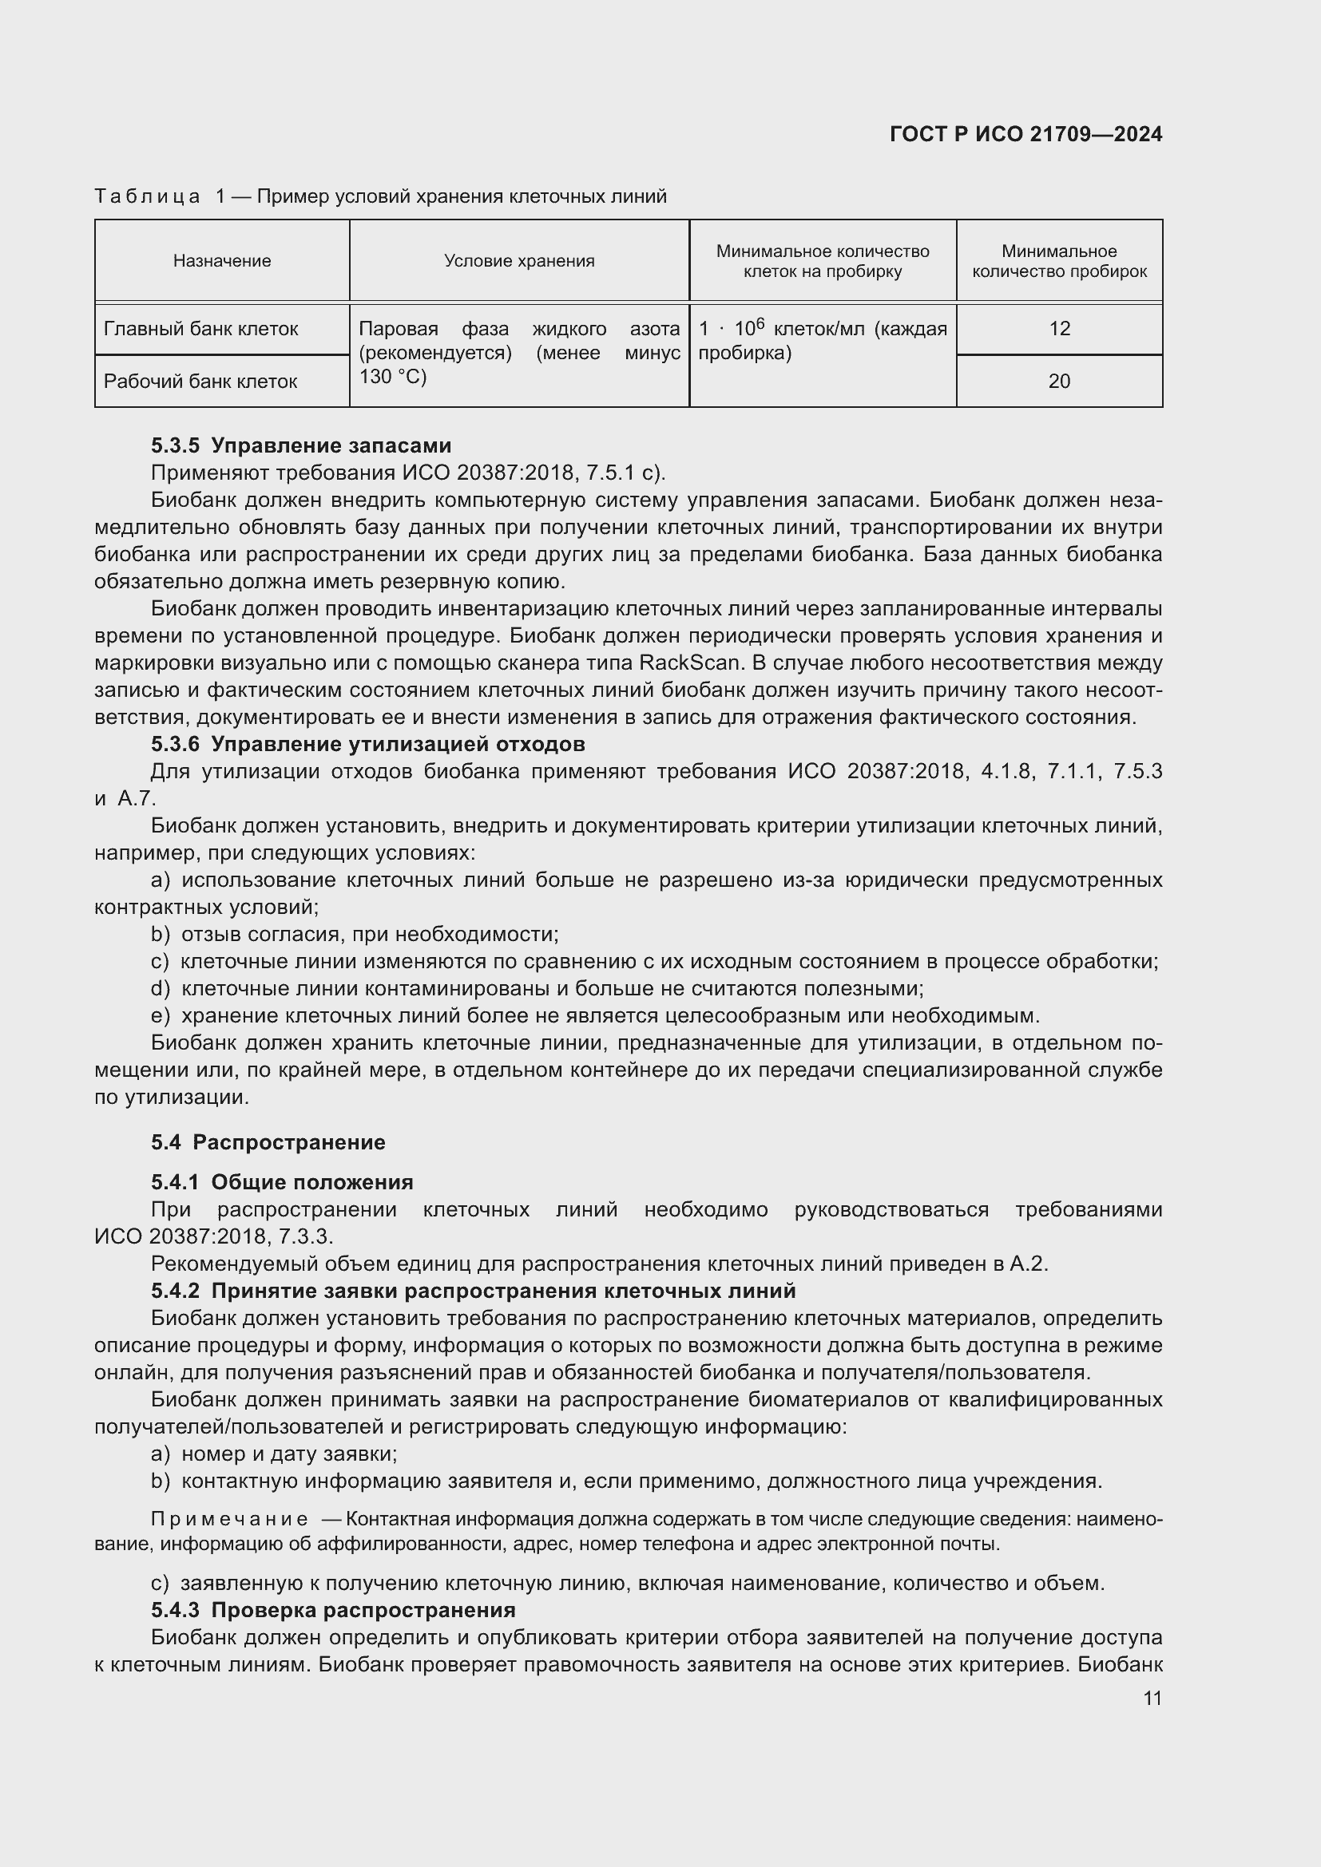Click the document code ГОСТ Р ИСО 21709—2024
(x=1025, y=134)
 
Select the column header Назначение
(x=221, y=261)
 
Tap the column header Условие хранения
(x=519, y=261)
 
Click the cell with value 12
(x=1059, y=329)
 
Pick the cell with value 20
(x=1059, y=382)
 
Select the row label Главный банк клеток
(x=201, y=329)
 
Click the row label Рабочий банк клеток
(x=200, y=382)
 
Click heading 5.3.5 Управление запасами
(x=301, y=445)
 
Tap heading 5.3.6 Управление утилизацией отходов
(x=367, y=744)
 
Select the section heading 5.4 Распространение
(x=268, y=1142)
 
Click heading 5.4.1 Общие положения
(x=281, y=1182)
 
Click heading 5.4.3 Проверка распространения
(x=333, y=1610)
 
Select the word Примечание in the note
(x=229, y=1519)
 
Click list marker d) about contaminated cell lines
(x=161, y=989)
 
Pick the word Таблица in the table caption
(x=147, y=196)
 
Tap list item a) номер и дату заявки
(x=274, y=1453)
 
